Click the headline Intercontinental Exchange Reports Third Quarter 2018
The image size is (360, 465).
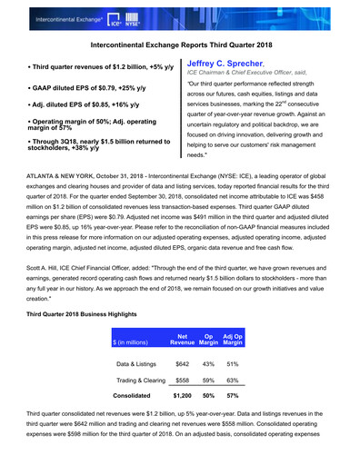179,43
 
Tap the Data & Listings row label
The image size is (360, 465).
136,363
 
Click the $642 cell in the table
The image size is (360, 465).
183,363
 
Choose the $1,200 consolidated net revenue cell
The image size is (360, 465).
183,396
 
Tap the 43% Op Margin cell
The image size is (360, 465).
208,363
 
